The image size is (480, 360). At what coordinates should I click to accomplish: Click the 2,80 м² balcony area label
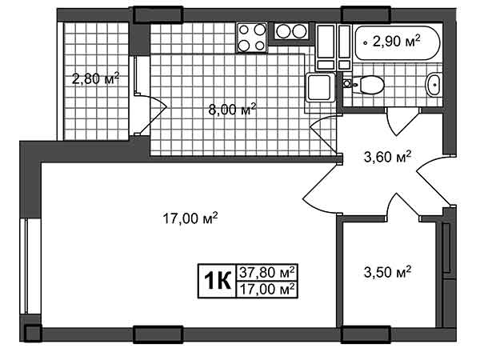coord(95,78)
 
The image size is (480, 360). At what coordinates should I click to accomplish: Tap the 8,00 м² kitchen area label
coord(232,110)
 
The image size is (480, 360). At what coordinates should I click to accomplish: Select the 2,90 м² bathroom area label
coord(396,41)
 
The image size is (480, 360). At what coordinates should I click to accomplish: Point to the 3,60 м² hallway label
coord(387,157)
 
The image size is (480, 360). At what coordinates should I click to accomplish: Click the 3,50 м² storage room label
coord(387,272)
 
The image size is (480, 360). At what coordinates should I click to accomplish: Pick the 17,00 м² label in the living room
coord(190,218)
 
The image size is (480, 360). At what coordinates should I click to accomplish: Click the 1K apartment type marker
coord(217,281)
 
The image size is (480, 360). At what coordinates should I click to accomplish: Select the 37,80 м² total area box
coord(267,272)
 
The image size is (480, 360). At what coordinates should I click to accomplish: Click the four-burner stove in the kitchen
coord(252,38)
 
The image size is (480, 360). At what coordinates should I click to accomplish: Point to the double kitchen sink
coord(291,31)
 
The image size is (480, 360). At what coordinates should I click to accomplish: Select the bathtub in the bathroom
coord(398,42)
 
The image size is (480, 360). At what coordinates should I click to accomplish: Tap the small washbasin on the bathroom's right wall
coord(434,85)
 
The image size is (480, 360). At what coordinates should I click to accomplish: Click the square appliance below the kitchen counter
coord(319,87)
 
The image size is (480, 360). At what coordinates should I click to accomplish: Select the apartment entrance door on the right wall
coord(434,182)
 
